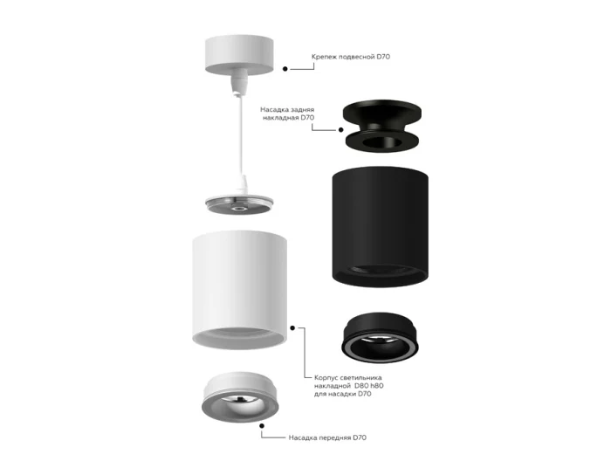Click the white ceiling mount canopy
(x=239, y=54)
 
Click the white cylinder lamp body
(x=240, y=290)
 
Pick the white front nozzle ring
(x=240, y=396)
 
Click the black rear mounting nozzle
(x=382, y=126)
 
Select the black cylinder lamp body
(x=381, y=227)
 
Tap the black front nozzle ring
(x=380, y=337)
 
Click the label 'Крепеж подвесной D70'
(x=351, y=57)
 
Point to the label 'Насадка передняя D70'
(x=327, y=437)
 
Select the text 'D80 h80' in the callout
(x=368, y=386)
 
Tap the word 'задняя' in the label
(x=301, y=110)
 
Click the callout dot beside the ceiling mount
(x=285, y=69)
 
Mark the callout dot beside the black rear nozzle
(x=341, y=130)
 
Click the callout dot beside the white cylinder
(x=292, y=328)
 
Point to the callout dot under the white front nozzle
(x=262, y=426)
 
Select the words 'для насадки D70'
(x=343, y=394)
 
